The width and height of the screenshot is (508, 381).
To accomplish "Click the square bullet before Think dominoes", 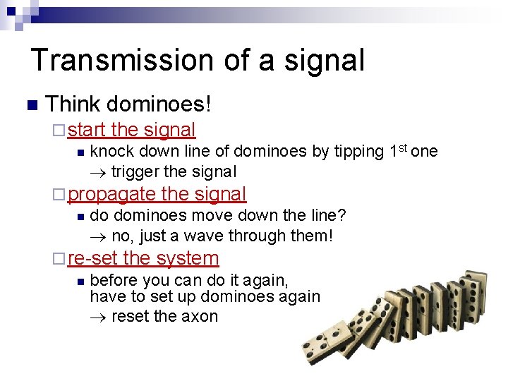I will [x=30, y=106].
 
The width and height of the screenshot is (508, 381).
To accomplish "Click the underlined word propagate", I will [x=112, y=194].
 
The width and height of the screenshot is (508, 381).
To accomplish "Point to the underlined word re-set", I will [x=92, y=258].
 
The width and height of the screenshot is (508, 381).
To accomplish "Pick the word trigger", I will [x=134, y=171].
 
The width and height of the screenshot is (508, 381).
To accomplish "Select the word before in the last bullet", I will [x=116, y=279].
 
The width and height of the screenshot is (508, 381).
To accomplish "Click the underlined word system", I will [x=187, y=258].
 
